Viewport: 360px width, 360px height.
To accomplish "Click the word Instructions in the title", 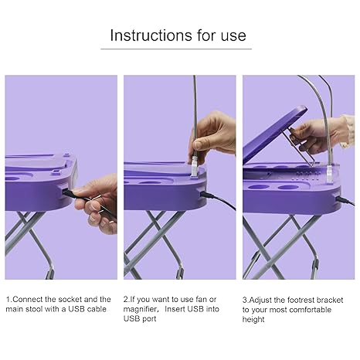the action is [151, 36].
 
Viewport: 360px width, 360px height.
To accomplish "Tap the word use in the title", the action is [233, 36].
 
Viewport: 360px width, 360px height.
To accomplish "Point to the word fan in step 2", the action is [201, 299].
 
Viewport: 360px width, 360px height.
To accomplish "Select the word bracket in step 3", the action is [330, 300].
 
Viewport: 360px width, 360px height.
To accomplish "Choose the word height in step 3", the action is [253, 320].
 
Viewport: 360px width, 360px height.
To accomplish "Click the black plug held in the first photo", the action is [69, 193].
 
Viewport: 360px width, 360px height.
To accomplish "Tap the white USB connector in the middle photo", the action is [194, 167].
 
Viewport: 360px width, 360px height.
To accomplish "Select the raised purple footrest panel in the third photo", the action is [274, 134].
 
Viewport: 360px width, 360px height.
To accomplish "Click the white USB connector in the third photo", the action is [330, 175].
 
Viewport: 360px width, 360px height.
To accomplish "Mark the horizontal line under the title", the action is [176, 49].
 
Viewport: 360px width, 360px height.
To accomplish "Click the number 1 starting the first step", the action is [8, 300].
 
